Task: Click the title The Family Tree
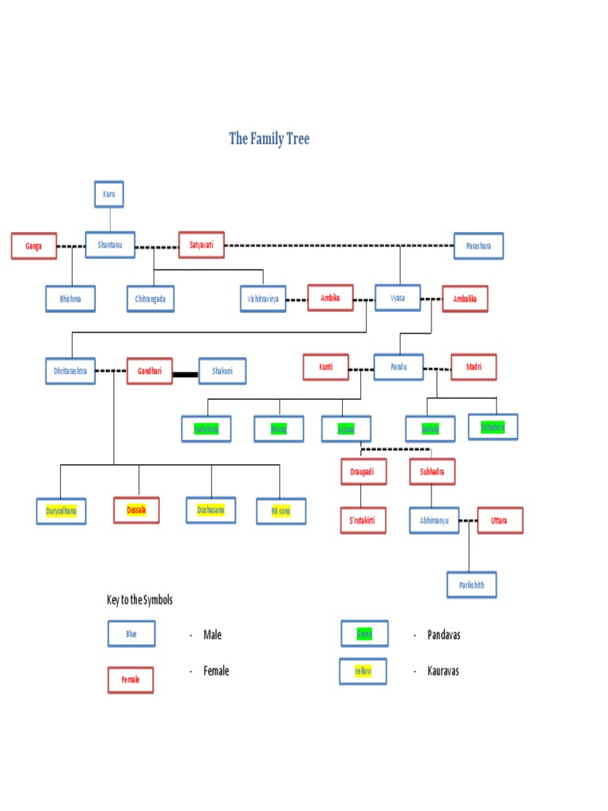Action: click(269, 139)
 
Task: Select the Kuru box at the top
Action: click(109, 194)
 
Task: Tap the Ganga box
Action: click(34, 246)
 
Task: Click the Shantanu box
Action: click(110, 245)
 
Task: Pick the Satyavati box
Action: click(201, 245)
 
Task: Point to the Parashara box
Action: click(478, 246)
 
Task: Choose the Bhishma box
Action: click(70, 299)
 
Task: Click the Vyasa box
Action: click(397, 298)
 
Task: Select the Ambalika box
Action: click(465, 299)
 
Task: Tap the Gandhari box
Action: click(150, 371)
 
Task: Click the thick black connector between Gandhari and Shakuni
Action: click(185, 371)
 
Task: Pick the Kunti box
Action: click(326, 367)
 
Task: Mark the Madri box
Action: click(473, 367)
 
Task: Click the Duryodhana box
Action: click(61, 511)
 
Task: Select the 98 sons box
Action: click(280, 511)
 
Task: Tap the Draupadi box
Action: click(363, 471)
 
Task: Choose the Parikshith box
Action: click(472, 585)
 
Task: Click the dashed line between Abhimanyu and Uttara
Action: click(468, 520)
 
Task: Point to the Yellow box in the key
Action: click(363, 672)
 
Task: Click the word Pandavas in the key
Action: click(443, 635)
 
